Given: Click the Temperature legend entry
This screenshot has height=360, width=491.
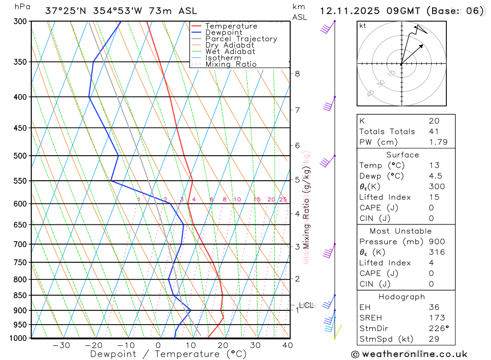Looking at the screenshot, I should click(x=231, y=26).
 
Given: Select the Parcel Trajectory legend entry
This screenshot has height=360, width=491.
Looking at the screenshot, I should click(x=241, y=39).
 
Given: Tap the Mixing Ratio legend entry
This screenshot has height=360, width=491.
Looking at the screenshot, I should click(x=231, y=64).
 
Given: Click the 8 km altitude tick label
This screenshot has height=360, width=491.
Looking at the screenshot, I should click(x=297, y=74).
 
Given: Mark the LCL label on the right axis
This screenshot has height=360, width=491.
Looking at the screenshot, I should click(x=306, y=305).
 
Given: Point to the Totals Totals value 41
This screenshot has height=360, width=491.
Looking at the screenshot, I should click(x=434, y=132).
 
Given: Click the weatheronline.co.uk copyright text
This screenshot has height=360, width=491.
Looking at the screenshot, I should click(x=409, y=354).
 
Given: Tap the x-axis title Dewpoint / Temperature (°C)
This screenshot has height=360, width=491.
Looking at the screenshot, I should click(x=168, y=354).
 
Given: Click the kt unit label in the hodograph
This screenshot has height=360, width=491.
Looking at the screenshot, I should click(x=363, y=26).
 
